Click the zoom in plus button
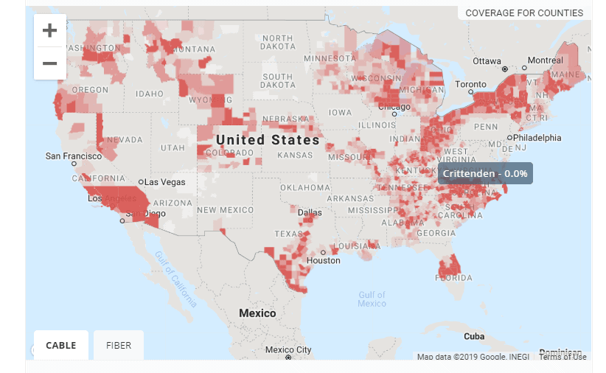click(50, 30)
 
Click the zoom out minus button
click(50, 63)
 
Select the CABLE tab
click(61, 345)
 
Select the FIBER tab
click(119, 345)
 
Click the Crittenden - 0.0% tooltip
click(485, 173)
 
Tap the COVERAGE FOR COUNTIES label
click(524, 13)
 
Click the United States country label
click(268, 139)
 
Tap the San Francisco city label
click(72, 156)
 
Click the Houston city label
click(324, 260)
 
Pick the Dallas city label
click(310, 212)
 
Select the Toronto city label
click(470, 85)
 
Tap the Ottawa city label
click(487, 60)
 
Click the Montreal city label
click(545, 60)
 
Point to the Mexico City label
click(288, 349)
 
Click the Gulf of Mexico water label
click(372, 299)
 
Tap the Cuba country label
click(475, 336)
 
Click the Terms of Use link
click(563, 357)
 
